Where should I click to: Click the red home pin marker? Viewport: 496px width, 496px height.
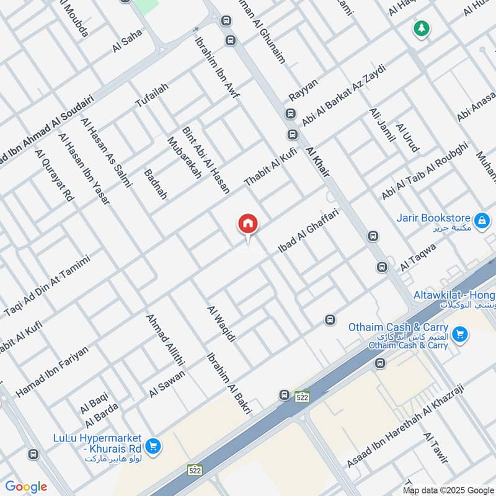click(x=248, y=224)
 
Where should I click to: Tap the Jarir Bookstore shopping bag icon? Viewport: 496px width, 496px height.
click(x=481, y=219)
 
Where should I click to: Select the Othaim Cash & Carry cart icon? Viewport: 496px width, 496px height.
click(x=459, y=335)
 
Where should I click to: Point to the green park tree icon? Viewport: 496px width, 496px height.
click(x=422, y=28)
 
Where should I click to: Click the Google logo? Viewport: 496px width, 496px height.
click(x=26, y=487)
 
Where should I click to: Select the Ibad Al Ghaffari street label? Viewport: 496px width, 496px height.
click(x=308, y=231)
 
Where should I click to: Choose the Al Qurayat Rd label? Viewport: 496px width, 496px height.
click(x=55, y=174)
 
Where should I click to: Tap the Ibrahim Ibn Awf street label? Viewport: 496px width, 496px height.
click(x=217, y=68)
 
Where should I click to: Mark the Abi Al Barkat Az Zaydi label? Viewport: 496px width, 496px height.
click(x=343, y=95)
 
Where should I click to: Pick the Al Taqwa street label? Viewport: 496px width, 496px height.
click(x=418, y=256)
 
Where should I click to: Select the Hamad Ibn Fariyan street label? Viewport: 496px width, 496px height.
click(x=52, y=371)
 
